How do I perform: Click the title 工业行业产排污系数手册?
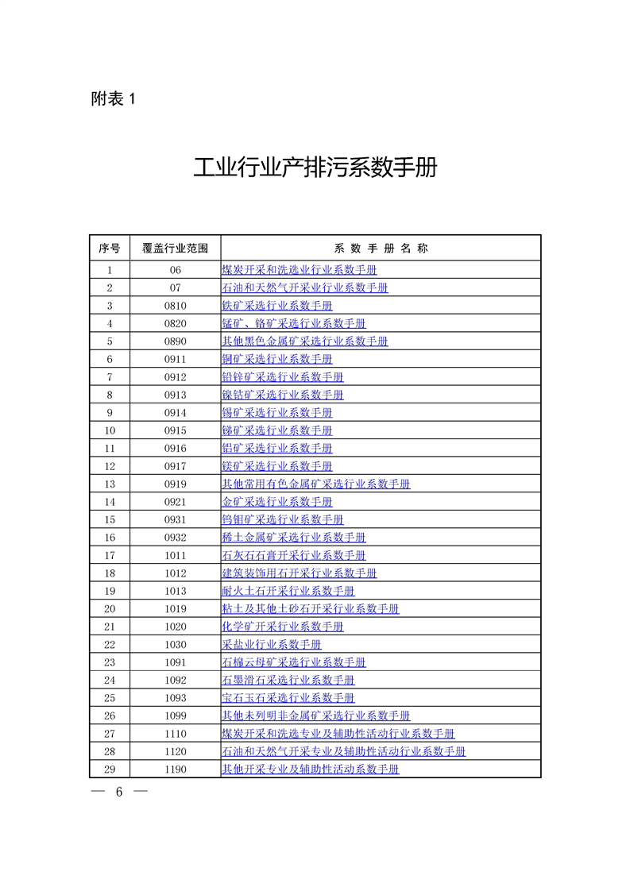point(315,168)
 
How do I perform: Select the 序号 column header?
point(110,249)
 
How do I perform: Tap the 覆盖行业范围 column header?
point(175,249)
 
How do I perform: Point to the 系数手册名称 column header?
point(381,249)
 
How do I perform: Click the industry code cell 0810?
point(175,306)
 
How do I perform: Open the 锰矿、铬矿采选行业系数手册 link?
point(293,323)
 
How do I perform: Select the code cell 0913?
point(175,395)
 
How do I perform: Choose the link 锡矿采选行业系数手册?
point(276,413)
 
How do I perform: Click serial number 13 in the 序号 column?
point(110,484)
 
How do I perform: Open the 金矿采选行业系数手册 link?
point(276,502)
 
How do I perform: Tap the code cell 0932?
point(175,538)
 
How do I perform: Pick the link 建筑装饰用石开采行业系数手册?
point(299,573)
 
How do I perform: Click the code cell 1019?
point(175,609)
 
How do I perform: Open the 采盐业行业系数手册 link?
point(271,645)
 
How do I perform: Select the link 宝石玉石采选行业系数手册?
point(288,698)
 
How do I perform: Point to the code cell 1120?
point(175,751)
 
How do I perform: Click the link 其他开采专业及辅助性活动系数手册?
point(310,769)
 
